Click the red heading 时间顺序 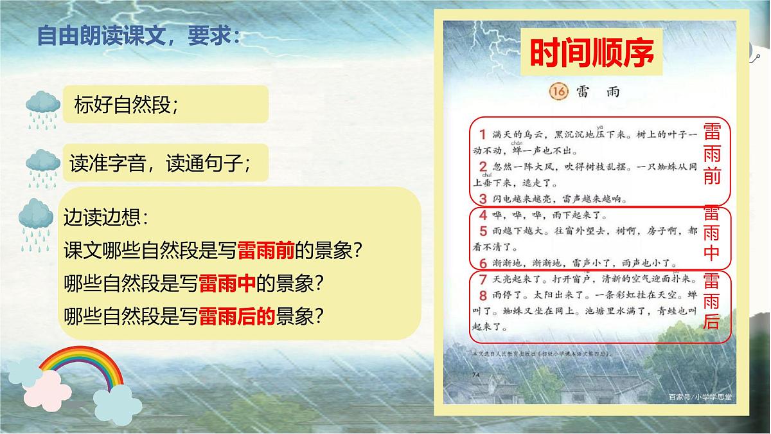tap(591, 53)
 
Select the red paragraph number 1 tap(483, 134)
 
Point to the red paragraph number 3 tap(483, 198)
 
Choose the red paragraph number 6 tap(483, 262)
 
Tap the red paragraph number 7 tap(483, 279)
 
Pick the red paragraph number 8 tap(483, 295)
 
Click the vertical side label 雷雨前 tap(712, 154)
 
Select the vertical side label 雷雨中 tap(712, 233)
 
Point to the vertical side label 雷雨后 tap(712, 301)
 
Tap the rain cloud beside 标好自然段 tap(43, 107)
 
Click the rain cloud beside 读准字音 tap(43, 167)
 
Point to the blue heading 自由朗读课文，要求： tap(139, 35)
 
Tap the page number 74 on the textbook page tap(476, 374)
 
